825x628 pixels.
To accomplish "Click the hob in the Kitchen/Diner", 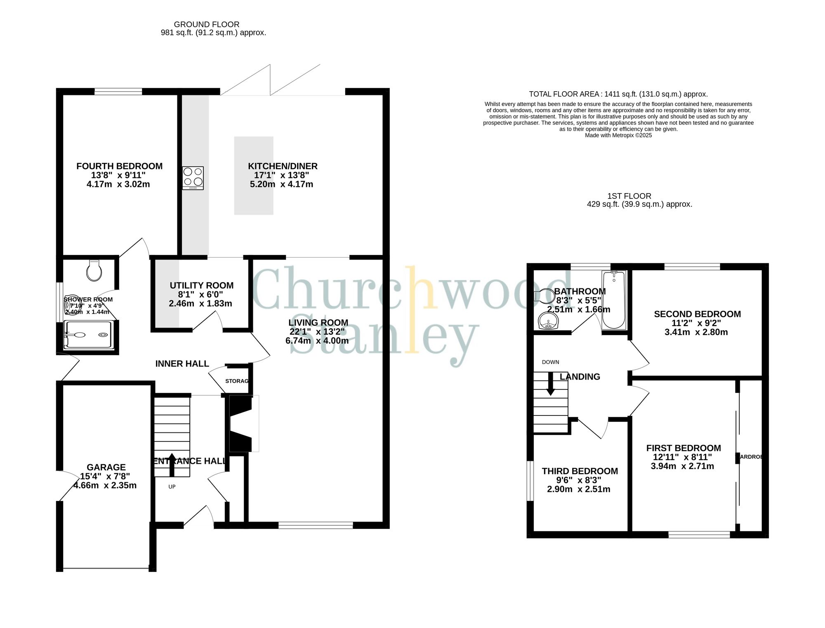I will pyautogui.click(x=193, y=178).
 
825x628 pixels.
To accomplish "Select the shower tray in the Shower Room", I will pyautogui.click(x=88, y=335).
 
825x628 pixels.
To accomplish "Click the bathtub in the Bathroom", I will pyautogui.click(x=614, y=300).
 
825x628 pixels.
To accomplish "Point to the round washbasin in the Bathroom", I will pyautogui.click(x=548, y=320).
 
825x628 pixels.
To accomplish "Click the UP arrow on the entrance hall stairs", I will pyautogui.click(x=172, y=464).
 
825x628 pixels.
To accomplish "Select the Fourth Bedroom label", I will pyautogui.click(x=119, y=166).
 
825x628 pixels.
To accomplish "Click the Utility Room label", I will pyautogui.click(x=201, y=286).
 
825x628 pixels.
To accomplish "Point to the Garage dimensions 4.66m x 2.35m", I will pyautogui.click(x=105, y=486).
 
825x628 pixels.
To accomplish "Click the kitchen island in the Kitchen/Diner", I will pyautogui.click(x=254, y=176).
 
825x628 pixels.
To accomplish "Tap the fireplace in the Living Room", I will pyautogui.click(x=241, y=424).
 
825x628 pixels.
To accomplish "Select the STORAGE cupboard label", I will pyautogui.click(x=237, y=381).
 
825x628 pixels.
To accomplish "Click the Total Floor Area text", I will pyautogui.click(x=618, y=94).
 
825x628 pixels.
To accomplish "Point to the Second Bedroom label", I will pyautogui.click(x=697, y=314).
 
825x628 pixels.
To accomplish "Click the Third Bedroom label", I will pyautogui.click(x=580, y=471).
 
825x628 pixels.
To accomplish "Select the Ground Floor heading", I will pyautogui.click(x=207, y=24).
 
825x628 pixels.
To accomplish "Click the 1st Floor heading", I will pyautogui.click(x=629, y=196).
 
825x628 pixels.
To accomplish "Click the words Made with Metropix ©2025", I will pyautogui.click(x=618, y=135).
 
